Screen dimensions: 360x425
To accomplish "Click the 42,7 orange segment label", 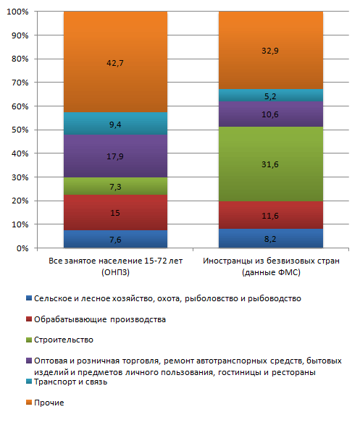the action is click(115, 63).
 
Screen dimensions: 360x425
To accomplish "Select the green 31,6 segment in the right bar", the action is click(271, 164).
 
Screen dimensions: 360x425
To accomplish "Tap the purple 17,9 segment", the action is click(115, 156).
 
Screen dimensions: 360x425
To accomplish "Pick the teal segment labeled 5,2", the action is click(271, 95).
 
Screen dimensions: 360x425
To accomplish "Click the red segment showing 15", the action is click(115, 213).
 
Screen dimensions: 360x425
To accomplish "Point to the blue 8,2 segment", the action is click(271, 238).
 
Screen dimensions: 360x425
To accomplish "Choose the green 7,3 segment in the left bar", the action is click(115, 186).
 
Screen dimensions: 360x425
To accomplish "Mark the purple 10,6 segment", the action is click(271, 114).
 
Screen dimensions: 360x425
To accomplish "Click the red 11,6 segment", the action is click(271, 215).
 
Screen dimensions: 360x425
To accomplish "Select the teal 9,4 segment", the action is click(115, 124).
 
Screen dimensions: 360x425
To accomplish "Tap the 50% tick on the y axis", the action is click(20, 130).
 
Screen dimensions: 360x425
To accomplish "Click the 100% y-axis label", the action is click(17, 12).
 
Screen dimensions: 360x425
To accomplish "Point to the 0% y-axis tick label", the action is click(22, 248).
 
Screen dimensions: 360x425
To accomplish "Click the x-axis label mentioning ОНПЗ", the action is click(115, 266).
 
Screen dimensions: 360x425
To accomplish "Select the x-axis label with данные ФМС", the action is click(271, 266).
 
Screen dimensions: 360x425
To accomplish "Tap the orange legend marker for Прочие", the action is click(29, 403).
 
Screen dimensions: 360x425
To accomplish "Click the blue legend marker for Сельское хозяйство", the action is click(29, 298).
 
